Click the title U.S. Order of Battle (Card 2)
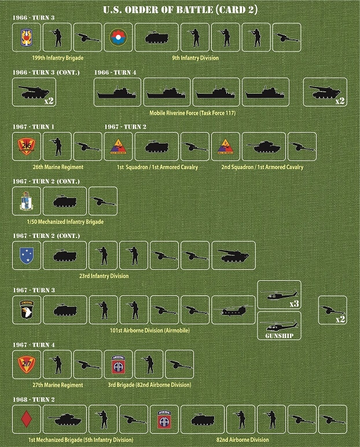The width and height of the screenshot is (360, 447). (x=179, y=9)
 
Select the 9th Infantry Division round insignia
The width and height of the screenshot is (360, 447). (x=118, y=37)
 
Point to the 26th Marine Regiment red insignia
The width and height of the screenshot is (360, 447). (x=26, y=146)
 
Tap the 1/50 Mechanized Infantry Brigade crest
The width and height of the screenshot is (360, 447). (x=26, y=201)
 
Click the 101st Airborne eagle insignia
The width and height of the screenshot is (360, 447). (x=26, y=310)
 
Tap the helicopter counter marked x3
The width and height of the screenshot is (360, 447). (x=279, y=295)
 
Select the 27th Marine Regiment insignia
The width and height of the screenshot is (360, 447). (x=26, y=364)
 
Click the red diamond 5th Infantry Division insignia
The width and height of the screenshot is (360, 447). (x=26, y=419)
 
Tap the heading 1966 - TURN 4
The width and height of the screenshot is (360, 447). (x=116, y=72)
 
